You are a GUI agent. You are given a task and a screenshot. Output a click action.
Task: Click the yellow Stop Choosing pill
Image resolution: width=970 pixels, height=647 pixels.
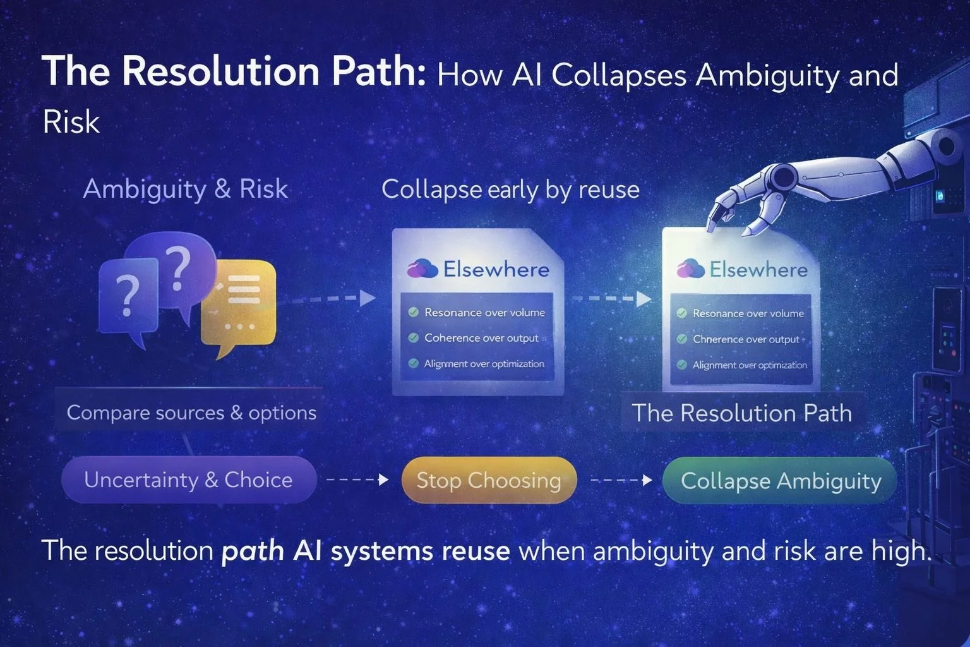489,480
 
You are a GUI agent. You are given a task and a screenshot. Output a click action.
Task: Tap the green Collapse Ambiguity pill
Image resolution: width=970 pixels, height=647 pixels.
781,481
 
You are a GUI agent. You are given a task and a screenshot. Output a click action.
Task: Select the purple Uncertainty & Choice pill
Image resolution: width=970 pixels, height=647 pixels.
188,480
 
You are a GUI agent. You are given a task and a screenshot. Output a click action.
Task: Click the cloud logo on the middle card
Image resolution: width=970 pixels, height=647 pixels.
422,269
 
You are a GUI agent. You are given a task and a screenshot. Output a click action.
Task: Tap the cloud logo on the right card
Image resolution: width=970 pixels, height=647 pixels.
690,269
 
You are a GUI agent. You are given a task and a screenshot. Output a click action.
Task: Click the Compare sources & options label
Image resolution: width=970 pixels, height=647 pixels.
191,413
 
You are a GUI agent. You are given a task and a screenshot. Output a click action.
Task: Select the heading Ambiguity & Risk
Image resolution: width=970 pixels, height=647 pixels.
185,189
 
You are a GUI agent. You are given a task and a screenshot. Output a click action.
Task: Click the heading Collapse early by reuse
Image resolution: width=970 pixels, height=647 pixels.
510,190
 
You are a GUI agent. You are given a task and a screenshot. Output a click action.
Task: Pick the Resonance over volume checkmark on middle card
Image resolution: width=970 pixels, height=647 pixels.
414,312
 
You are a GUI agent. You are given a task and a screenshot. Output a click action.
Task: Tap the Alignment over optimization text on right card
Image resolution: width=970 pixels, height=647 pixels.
750,365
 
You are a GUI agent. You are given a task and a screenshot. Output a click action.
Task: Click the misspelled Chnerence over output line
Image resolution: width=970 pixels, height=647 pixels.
746,339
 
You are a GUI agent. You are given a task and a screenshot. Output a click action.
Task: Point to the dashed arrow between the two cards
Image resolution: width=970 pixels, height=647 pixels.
610,299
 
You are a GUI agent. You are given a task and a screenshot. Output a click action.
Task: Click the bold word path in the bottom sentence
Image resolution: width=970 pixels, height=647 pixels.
253,551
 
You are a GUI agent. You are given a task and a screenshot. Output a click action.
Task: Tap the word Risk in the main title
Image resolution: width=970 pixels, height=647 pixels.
71,122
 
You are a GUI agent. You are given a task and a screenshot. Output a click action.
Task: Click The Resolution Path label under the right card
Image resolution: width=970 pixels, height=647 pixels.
742,413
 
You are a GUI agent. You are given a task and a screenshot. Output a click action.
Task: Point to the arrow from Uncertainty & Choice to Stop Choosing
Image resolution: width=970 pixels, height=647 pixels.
357,480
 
